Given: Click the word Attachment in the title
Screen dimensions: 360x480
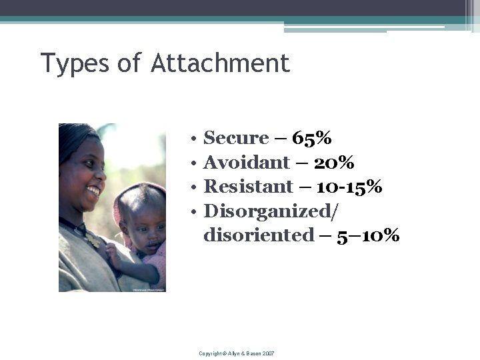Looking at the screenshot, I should [x=221, y=63].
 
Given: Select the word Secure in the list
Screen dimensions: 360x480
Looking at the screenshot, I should [x=235, y=138].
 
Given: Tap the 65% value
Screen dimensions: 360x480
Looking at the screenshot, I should [x=312, y=138].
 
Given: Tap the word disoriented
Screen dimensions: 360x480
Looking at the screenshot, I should [x=259, y=235].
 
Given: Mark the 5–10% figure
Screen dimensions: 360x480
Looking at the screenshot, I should [x=368, y=235].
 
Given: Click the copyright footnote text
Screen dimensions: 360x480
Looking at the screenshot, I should [x=237, y=353].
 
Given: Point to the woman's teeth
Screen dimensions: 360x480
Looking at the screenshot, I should [x=93, y=191].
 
